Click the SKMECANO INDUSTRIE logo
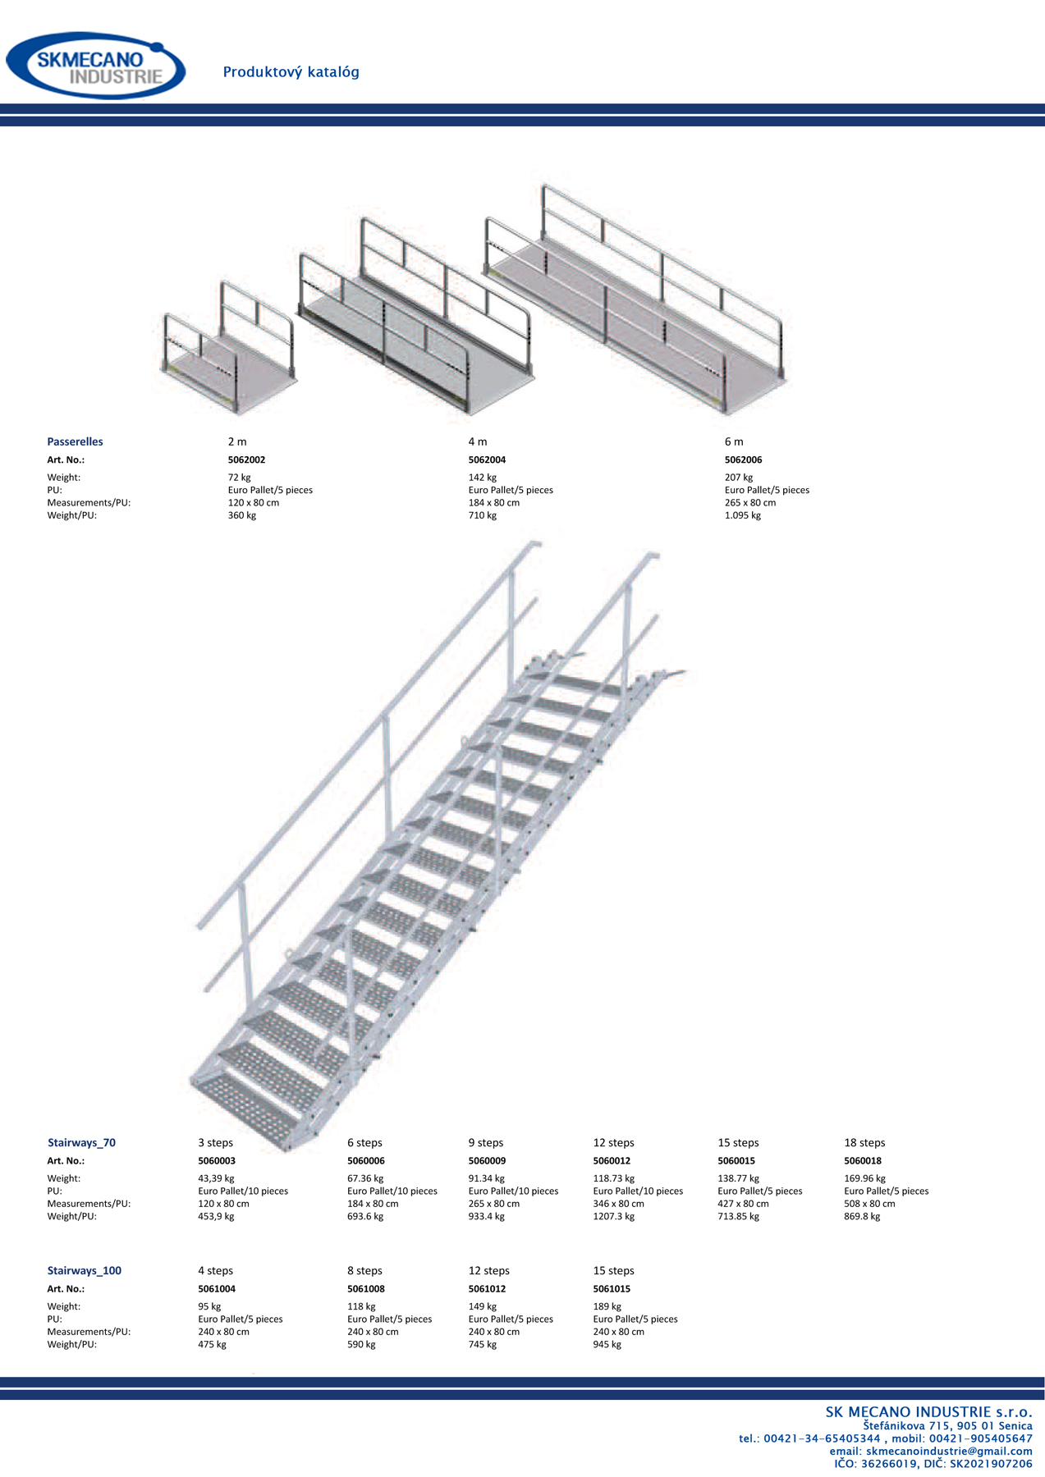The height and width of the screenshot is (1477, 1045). click(x=96, y=66)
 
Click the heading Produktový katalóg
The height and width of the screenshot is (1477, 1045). click(x=291, y=72)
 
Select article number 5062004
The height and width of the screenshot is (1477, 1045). click(x=487, y=460)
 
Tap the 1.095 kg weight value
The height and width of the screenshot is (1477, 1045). click(x=743, y=516)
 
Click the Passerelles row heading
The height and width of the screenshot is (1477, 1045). click(x=75, y=441)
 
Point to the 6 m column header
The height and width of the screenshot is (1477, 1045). click(x=734, y=441)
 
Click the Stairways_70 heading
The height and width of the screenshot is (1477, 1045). click(x=81, y=1143)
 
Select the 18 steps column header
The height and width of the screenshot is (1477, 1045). click(x=864, y=1143)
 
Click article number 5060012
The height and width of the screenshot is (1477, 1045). click(x=612, y=1161)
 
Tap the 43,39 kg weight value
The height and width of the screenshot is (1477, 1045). click(x=216, y=1178)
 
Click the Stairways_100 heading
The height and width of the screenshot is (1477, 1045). click(x=84, y=1271)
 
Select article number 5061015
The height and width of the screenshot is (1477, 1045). click(x=612, y=1289)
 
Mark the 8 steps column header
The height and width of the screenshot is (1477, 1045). click(x=364, y=1271)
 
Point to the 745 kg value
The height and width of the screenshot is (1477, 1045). click(x=483, y=1345)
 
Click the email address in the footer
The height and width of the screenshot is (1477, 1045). click(x=949, y=1452)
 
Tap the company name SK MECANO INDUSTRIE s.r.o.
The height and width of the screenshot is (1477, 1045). click(x=929, y=1412)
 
